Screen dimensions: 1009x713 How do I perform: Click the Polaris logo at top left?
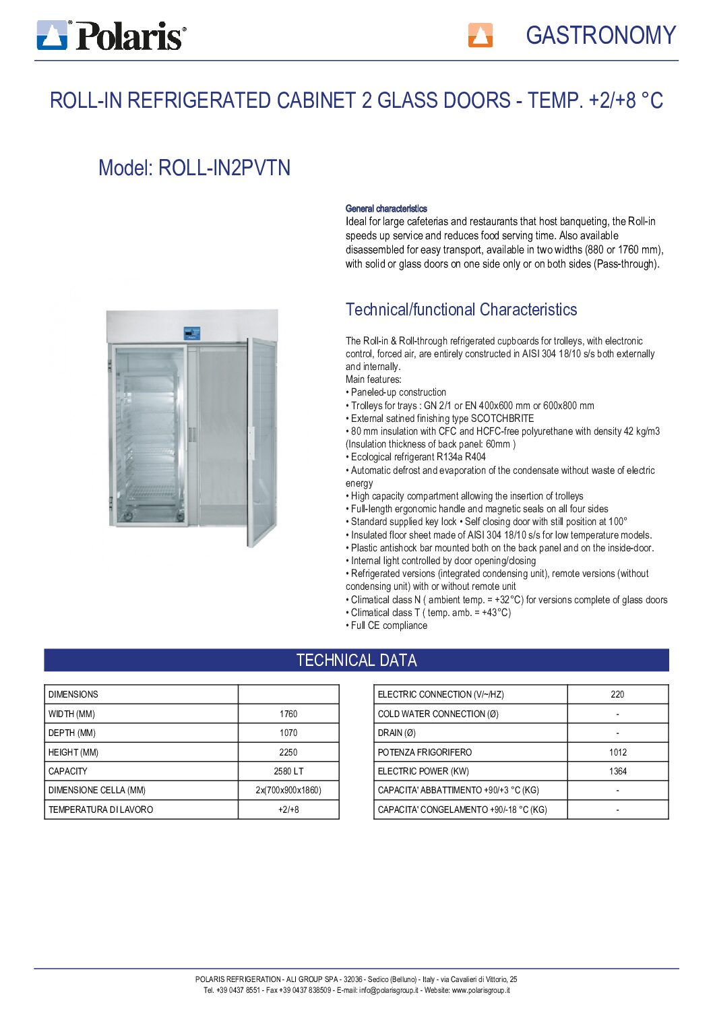pos(111,35)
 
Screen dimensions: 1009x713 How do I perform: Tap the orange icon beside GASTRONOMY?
pos(480,35)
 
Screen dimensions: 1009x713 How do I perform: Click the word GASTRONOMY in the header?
pos(600,35)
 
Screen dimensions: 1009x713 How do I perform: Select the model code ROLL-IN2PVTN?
pos(224,167)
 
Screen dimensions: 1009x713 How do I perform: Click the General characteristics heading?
pos(386,209)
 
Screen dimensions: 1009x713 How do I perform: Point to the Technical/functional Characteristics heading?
pos(461,309)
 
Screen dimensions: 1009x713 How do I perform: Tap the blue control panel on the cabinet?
pos(192,333)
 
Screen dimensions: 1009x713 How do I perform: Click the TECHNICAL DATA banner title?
pos(356,661)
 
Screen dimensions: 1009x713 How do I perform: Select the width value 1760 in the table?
pos(288,714)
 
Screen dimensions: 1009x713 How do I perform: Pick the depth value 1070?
pos(288,733)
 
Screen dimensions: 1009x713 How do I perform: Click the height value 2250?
pos(288,752)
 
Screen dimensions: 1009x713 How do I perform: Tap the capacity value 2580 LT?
pos(288,771)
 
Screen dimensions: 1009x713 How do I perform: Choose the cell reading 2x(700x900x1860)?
pos(288,790)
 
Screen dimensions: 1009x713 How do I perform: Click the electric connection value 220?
pos(617,694)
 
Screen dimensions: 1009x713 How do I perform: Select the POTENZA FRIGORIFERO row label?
pos(425,752)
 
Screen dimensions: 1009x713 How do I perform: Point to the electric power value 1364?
pos(617,771)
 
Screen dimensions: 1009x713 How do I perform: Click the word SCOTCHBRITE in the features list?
pos(502,419)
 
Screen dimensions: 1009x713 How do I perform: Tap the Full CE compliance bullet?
pos(389,625)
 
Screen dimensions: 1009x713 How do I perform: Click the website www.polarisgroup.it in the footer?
pos(480,990)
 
